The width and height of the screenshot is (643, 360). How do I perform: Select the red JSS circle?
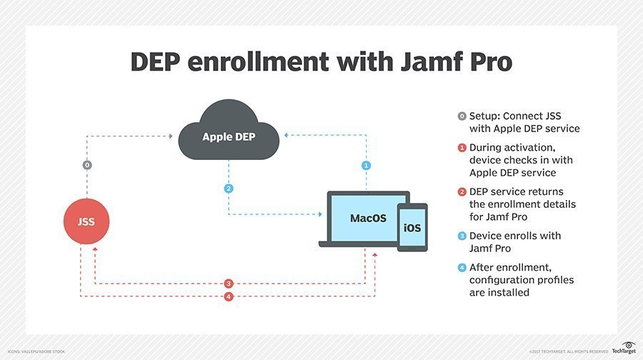click(86, 221)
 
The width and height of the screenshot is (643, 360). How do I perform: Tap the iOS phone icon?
click(412, 228)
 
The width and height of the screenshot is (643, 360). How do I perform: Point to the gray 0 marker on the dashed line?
click(87, 165)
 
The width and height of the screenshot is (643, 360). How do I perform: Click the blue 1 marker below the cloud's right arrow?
click(367, 165)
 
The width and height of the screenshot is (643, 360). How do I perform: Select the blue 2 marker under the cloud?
click(229, 189)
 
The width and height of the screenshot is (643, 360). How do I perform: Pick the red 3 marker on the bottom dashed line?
click(229, 284)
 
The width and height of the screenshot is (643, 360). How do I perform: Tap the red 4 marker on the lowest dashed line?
click(229, 296)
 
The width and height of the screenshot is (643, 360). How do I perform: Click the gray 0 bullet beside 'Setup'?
click(462, 116)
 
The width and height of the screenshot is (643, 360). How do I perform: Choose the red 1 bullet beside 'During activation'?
click(462, 148)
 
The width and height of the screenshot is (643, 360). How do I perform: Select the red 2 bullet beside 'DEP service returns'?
click(462, 192)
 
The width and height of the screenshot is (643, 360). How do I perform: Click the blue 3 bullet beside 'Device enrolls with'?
click(462, 236)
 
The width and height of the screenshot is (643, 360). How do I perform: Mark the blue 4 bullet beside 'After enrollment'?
click(462, 267)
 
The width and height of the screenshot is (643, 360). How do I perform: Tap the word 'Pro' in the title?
click(487, 61)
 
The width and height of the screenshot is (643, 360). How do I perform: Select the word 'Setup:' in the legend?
click(487, 116)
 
